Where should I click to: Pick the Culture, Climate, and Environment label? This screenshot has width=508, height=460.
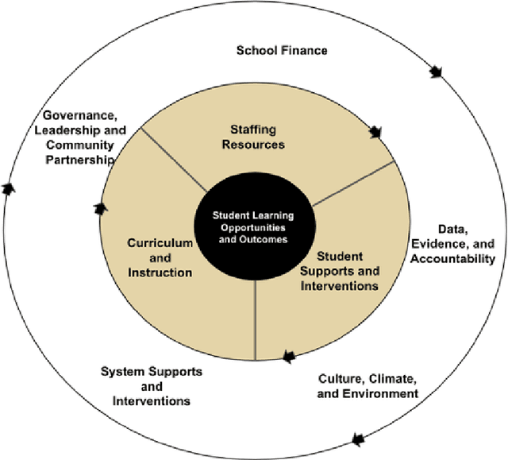click(x=368, y=385)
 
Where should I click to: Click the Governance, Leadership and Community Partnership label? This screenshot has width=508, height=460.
click(x=79, y=137)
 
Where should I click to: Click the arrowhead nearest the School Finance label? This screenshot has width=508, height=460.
click(x=435, y=72)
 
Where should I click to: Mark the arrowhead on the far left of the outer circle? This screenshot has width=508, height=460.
click(x=9, y=188)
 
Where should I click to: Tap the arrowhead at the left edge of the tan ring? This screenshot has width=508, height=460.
click(x=100, y=208)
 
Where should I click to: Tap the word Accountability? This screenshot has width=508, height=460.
click(x=458, y=259)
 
